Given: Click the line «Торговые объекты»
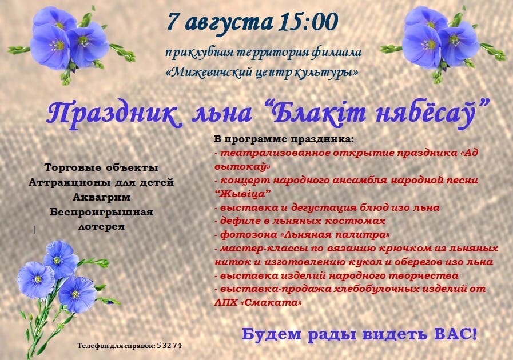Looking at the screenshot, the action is (x=101, y=168).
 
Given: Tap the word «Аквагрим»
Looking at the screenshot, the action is (x=101, y=197).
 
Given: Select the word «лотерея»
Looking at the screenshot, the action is (x=101, y=226).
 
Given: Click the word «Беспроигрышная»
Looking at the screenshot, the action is (x=101, y=212).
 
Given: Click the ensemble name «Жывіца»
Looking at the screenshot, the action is (x=242, y=194).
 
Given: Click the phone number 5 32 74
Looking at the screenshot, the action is (x=169, y=346).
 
